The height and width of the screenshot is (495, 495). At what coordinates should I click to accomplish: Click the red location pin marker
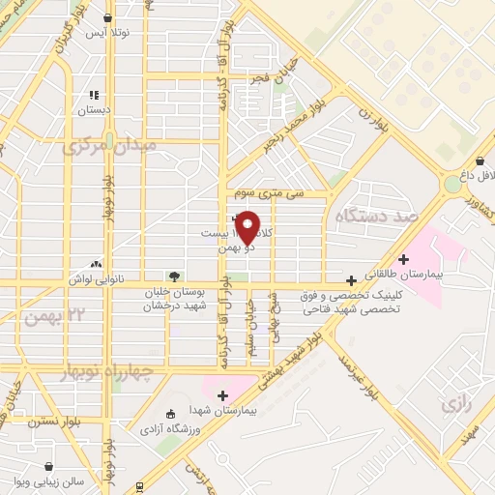247,226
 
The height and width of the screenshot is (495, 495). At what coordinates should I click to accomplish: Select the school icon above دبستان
95,95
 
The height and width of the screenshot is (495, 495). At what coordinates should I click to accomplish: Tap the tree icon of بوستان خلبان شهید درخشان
173,277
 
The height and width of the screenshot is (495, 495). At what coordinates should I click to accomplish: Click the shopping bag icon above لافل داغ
480,161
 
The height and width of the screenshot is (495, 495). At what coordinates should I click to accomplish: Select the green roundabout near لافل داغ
453,184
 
